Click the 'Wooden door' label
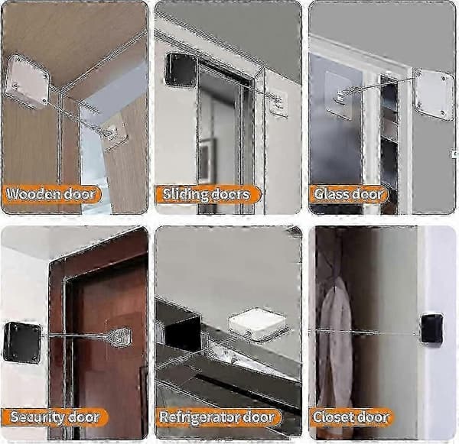[51, 195]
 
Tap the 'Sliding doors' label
[207, 195]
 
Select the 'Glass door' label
[349, 195]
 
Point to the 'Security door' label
[55, 417]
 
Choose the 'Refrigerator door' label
[218, 417]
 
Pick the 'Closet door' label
[351, 417]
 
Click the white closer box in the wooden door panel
[27, 82]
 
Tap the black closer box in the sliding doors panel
[181, 70]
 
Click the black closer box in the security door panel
[22, 342]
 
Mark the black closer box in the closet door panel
[431, 328]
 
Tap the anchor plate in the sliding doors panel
[278, 103]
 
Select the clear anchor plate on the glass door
[339, 95]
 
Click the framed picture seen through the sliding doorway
[207, 160]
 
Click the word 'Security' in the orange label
[37, 417]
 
